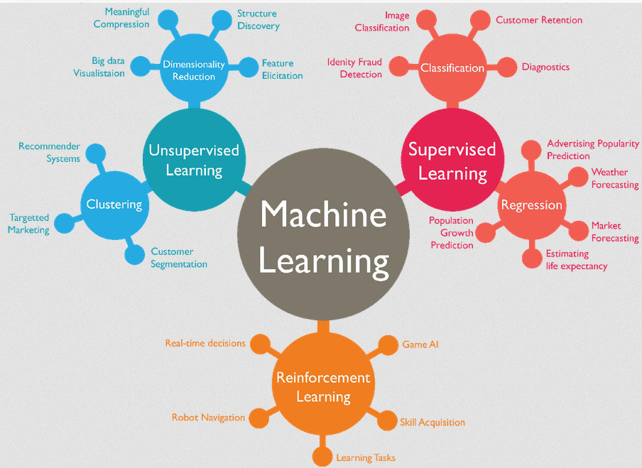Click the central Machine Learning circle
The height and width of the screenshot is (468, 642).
pos(324,238)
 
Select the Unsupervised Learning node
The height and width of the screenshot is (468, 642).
pos(194,160)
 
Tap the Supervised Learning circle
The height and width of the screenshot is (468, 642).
pos(452,160)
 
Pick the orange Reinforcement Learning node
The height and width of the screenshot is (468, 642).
pos(323,386)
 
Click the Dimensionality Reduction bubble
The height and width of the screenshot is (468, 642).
pos(194,69)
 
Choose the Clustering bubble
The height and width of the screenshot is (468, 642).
pos(114,205)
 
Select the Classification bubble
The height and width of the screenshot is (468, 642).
pos(452,68)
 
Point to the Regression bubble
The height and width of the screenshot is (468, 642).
pos(531,205)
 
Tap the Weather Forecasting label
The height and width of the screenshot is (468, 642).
pos(614,178)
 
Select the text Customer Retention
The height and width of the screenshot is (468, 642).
pos(538,20)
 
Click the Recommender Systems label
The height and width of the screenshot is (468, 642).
pos(50,153)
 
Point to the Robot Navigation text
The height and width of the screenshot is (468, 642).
pos(208,418)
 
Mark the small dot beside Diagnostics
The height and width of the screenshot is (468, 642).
pos(506,67)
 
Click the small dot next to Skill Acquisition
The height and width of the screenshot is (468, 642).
pos(387,421)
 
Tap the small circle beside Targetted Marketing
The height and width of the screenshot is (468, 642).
pos(65,224)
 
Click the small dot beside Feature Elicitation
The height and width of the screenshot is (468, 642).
pos(249,68)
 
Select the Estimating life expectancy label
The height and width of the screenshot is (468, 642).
pos(576,260)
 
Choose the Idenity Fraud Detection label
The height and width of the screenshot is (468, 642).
pos(354,68)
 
